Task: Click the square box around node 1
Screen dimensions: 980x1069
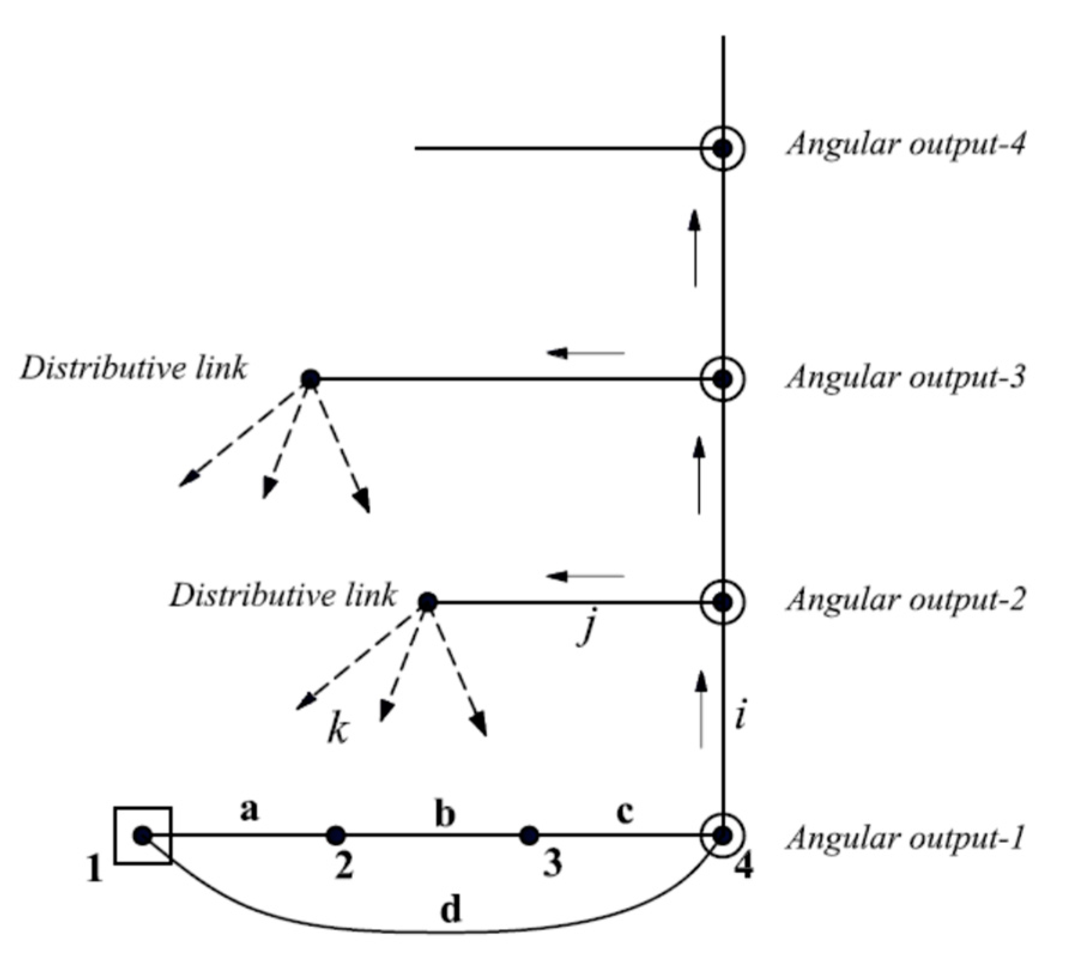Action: [143, 835]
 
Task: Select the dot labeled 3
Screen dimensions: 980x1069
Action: [528, 835]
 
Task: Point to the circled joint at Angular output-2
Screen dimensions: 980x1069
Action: [723, 602]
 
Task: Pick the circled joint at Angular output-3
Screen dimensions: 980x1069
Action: [723, 378]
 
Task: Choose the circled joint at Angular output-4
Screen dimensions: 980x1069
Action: [723, 148]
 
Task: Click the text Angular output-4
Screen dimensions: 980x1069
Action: [906, 145]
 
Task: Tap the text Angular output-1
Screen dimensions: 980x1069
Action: [906, 838]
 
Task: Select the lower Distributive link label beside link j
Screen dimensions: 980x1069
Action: [283, 596]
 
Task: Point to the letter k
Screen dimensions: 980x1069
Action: [338, 730]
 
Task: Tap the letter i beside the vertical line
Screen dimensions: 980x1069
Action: [741, 715]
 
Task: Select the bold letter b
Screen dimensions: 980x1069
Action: [444, 815]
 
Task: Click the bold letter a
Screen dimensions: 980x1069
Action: [249, 810]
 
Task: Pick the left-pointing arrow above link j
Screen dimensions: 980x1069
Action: [585, 576]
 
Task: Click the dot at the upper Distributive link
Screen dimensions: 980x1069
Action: [310, 378]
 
